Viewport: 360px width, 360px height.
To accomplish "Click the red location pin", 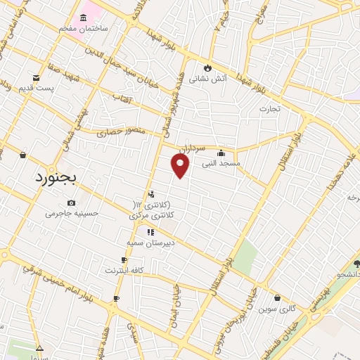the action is (x=181, y=165).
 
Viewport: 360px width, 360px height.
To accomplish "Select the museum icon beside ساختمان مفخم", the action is (x=84, y=17).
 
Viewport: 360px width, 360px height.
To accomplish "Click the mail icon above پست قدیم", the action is (x=35, y=77).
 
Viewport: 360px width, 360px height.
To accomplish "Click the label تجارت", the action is (x=269, y=108).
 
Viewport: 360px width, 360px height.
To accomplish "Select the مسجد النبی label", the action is (x=220, y=163).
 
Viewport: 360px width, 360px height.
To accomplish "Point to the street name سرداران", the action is (x=191, y=150).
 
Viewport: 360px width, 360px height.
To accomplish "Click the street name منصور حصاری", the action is (x=121, y=131).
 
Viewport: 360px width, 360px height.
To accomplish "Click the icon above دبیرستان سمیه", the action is (x=150, y=232).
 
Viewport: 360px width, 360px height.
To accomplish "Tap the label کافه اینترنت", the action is (x=124, y=270).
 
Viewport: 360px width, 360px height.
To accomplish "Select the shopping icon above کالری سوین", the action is (x=277, y=298).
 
